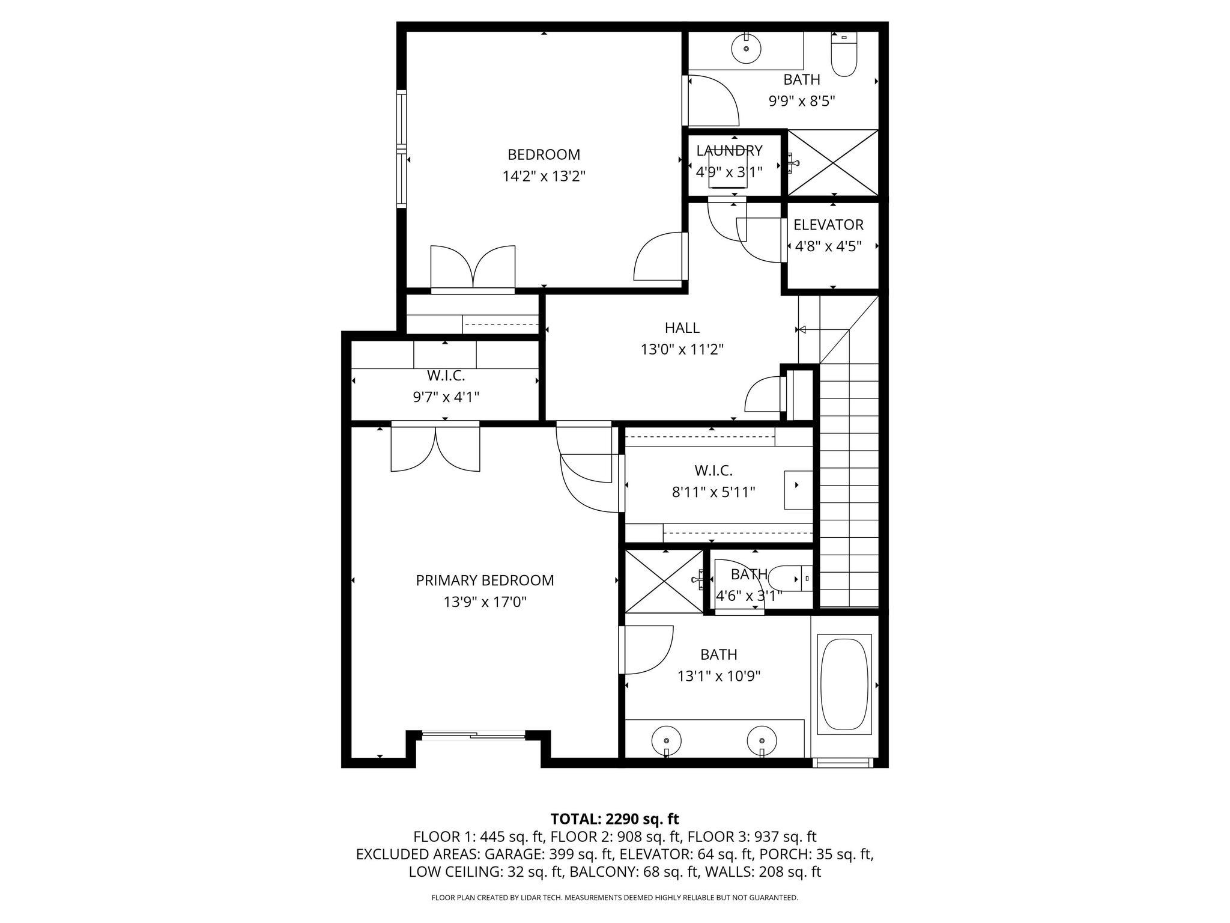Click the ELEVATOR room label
pyautogui.click(x=828, y=225)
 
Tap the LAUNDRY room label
pyautogui.click(x=729, y=150)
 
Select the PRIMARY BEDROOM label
pyautogui.click(x=485, y=580)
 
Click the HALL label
pyautogui.click(x=682, y=327)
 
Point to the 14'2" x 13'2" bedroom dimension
pyautogui.click(x=544, y=177)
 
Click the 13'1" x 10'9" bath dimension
pyautogui.click(x=719, y=676)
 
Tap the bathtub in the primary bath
pyautogui.click(x=845, y=684)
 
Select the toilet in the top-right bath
pyautogui.click(x=843, y=55)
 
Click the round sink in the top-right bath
pyautogui.click(x=746, y=48)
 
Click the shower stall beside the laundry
pyautogui.click(x=832, y=162)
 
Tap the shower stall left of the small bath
pyautogui.click(x=664, y=580)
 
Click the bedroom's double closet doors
pyautogui.click(x=473, y=269)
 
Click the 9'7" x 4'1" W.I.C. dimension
pyautogui.click(x=446, y=397)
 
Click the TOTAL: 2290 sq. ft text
pyautogui.click(x=614, y=818)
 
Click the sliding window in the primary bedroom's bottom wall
pyautogui.click(x=473, y=734)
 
